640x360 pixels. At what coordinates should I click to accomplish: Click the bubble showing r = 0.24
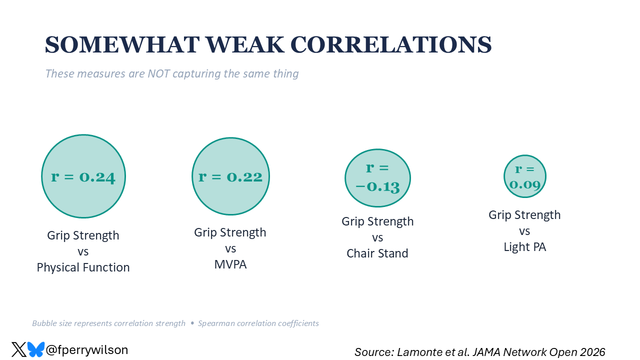[83, 176]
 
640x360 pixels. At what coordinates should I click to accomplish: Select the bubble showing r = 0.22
[230, 176]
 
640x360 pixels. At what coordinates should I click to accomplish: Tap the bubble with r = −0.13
[377, 177]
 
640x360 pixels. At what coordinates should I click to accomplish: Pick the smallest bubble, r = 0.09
[524, 176]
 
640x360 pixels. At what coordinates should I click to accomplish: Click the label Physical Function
[83, 267]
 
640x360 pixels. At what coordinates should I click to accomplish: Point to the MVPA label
[230, 264]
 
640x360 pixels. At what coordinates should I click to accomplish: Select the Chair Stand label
[377, 253]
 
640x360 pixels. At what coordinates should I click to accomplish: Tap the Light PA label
[524, 247]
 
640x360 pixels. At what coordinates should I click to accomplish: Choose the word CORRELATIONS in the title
[391, 45]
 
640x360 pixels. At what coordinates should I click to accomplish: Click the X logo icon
[19, 349]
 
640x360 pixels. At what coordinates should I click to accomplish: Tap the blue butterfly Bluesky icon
[36, 349]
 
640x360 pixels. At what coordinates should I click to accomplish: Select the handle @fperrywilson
[87, 350]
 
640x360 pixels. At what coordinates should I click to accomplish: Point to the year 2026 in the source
[591, 352]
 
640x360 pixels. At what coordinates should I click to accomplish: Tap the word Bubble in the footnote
[43, 323]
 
